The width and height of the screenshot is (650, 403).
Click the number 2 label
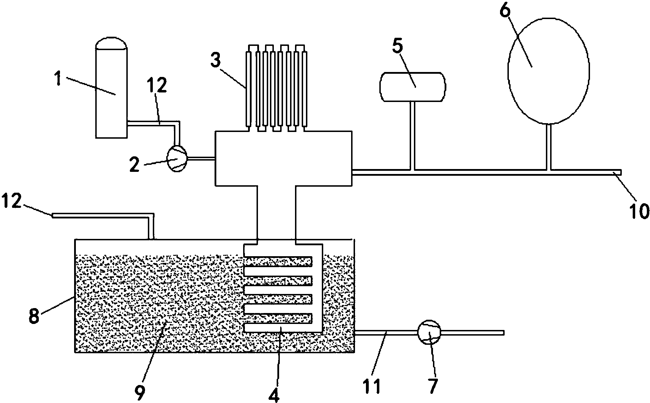134,165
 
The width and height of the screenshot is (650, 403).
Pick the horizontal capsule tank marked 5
412,87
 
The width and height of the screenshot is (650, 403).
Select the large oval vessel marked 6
548,71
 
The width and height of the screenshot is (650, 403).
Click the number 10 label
638,211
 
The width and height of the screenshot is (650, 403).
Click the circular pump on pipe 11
429,332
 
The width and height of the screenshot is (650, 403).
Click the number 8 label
34,315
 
